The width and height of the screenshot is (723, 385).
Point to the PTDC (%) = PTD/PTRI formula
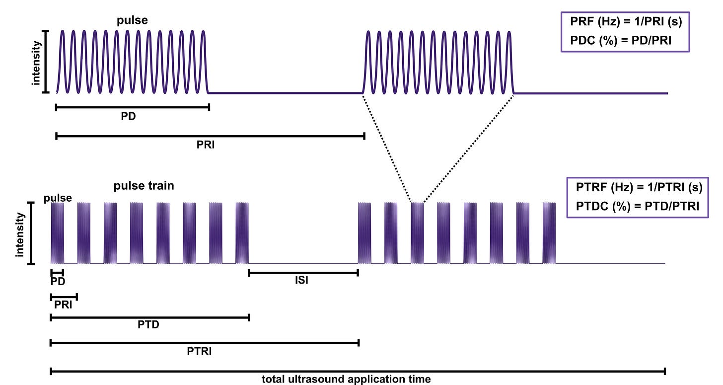(638, 206)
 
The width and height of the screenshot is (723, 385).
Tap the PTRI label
(200, 352)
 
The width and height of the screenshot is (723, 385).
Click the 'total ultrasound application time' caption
(346, 380)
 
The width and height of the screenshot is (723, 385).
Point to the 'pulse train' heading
(144, 186)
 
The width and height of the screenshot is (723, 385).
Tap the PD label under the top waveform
(129, 118)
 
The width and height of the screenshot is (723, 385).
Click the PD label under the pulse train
(58, 281)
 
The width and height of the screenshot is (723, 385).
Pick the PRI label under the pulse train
(63, 306)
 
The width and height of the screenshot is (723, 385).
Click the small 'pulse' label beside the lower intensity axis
(58, 198)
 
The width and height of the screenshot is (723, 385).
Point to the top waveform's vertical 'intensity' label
(36, 62)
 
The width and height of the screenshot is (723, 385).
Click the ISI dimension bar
(303, 272)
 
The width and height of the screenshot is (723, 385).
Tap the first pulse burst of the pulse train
(58, 232)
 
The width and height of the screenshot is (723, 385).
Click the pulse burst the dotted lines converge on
(417, 232)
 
